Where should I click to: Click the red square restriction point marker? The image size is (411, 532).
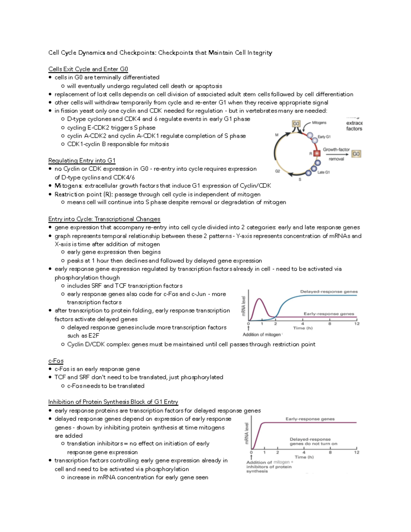317,153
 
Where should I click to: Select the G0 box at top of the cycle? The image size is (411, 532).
296,124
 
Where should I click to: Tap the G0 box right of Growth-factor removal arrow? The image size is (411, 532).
356,154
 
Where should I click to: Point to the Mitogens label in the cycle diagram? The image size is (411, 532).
319,123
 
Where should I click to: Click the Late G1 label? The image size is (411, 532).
323,172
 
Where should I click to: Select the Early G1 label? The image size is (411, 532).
324,137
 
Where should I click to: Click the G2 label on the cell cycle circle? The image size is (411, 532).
277,171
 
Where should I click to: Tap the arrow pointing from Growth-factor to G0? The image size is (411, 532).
337,154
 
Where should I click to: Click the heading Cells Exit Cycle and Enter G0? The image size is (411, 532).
88,69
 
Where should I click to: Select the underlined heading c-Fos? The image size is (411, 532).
56,361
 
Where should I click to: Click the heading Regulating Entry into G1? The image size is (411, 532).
82,161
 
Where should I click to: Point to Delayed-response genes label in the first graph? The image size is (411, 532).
329,292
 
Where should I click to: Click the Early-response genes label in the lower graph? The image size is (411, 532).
310,419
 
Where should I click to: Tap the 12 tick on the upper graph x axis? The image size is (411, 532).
357,324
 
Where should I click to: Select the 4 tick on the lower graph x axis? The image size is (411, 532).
304,452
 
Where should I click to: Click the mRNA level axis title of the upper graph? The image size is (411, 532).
244,306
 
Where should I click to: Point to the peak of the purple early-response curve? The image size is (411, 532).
260,299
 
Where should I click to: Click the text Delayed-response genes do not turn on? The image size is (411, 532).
313,441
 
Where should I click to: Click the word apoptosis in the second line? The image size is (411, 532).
209,86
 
